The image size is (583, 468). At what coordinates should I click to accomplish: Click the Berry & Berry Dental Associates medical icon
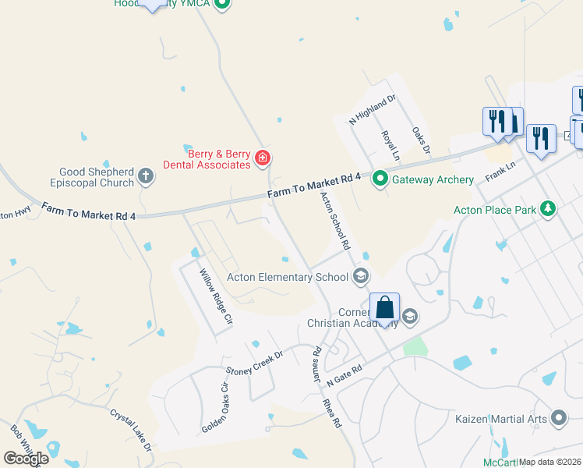point(263,159)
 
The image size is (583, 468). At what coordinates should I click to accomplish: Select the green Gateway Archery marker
point(380,179)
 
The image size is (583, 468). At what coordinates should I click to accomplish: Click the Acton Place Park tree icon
point(549,209)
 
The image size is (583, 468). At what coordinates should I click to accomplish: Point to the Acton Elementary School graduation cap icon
point(360,276)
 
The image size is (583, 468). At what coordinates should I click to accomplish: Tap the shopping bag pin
point(385,307)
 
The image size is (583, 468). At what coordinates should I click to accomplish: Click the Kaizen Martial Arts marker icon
point(558,419)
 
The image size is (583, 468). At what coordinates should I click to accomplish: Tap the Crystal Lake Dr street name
point(130,430)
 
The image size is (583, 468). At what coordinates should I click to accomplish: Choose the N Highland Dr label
point(373,111)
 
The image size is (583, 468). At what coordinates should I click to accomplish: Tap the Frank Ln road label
point(500,172)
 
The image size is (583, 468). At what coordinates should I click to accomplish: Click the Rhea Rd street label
point(332,411)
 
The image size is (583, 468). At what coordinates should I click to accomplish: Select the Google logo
point(26,458)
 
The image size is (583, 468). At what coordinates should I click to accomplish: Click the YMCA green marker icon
point(222,4)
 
